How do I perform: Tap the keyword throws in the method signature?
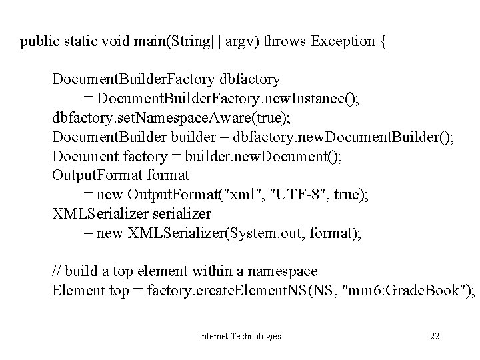[283, 42]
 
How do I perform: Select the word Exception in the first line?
[340, 42]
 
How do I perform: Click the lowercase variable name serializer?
[182, 213]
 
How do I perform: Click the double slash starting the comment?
[58, 271]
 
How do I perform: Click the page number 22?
[435, 336]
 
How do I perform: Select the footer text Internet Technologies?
[240, 336]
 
